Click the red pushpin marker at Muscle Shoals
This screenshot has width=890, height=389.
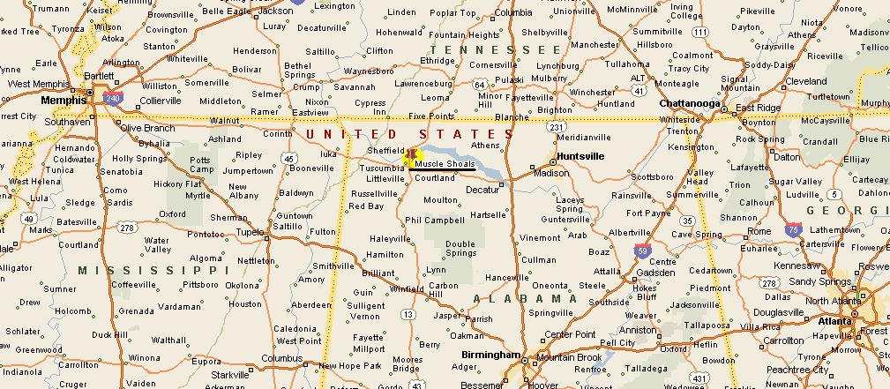[409, 156]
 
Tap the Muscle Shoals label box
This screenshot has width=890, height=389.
[445, 164]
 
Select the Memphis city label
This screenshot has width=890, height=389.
[64, 100]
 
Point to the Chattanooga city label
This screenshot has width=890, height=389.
[691, 103]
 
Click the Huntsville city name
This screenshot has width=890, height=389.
[580, 156]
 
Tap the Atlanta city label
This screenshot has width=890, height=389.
[834, 321]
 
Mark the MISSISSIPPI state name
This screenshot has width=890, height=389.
[140, 270]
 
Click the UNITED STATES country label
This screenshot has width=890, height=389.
[408, 133]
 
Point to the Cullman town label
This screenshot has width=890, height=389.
[538, 260]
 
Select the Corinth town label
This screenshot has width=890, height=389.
[278, 133]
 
